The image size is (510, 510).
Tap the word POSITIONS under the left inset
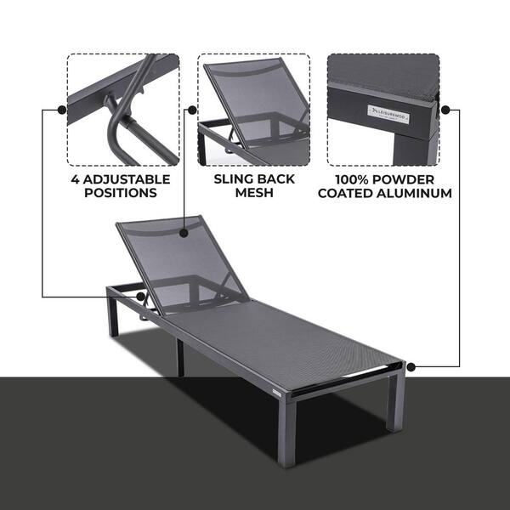click(121, 193)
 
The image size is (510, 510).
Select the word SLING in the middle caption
click(233, 179)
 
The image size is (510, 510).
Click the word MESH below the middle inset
click(254, 193)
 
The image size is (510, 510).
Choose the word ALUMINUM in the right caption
click(415, 193)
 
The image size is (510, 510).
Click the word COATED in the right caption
click(346, 193)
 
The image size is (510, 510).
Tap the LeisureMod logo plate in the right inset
click(388, 114)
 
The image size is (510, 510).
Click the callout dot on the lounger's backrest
click(184, 233)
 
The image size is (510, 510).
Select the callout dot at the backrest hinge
click(140, 297)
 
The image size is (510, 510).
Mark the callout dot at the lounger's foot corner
click(411, 367)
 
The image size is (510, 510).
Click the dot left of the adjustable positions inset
click(62, 110)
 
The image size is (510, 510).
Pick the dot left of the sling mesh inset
click(192, 110)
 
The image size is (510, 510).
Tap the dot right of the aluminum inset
click(445, 110)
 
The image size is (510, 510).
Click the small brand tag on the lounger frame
click(277, 392)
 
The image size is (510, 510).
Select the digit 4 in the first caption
click(75, 179)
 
